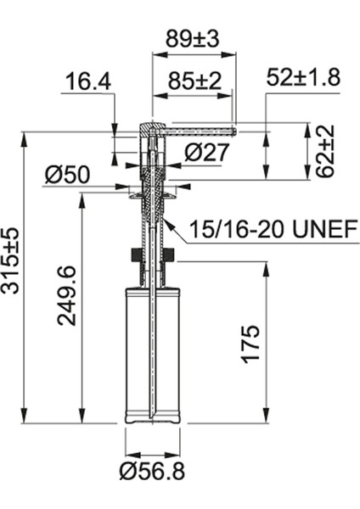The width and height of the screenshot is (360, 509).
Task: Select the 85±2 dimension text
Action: coord(194,82)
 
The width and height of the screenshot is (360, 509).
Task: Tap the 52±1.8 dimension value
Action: coord(303,77)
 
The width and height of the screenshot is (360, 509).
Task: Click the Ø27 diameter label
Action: coord(204,153)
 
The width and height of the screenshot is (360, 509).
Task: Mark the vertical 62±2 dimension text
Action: coord(325,151)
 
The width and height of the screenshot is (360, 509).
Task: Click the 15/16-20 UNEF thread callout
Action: coord(266,228)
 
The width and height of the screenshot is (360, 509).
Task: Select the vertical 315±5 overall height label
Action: coord(13,260)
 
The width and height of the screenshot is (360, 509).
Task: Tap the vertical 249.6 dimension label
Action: coord(67,295)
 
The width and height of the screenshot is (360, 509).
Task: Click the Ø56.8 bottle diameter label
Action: coord(152,471)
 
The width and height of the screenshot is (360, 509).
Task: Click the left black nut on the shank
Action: coord(134,255)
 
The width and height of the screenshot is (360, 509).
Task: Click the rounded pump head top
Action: coord(148,127)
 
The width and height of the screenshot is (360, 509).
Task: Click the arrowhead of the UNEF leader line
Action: coord(166,222)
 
